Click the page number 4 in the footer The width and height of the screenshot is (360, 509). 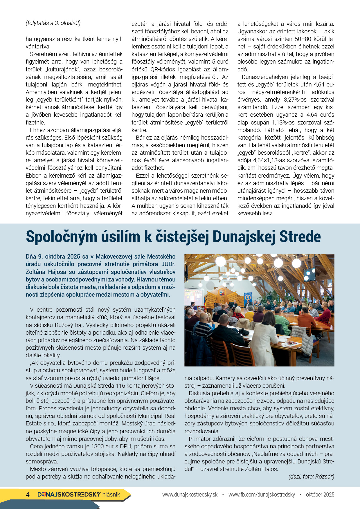[28, 494]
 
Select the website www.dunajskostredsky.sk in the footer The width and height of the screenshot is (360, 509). [190, 494]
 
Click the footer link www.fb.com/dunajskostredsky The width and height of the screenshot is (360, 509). [262, 494]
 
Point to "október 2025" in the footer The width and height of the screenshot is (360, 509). [320, 494]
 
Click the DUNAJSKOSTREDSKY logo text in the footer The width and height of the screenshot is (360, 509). [69, 494]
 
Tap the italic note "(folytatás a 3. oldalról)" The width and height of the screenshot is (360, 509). [53, 23]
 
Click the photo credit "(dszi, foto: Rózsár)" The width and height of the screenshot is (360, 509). [311, 476]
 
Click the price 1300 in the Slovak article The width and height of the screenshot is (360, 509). [97, 446]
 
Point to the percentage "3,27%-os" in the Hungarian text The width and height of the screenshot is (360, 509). [295, 100]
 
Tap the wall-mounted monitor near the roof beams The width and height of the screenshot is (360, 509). [309, 275]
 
